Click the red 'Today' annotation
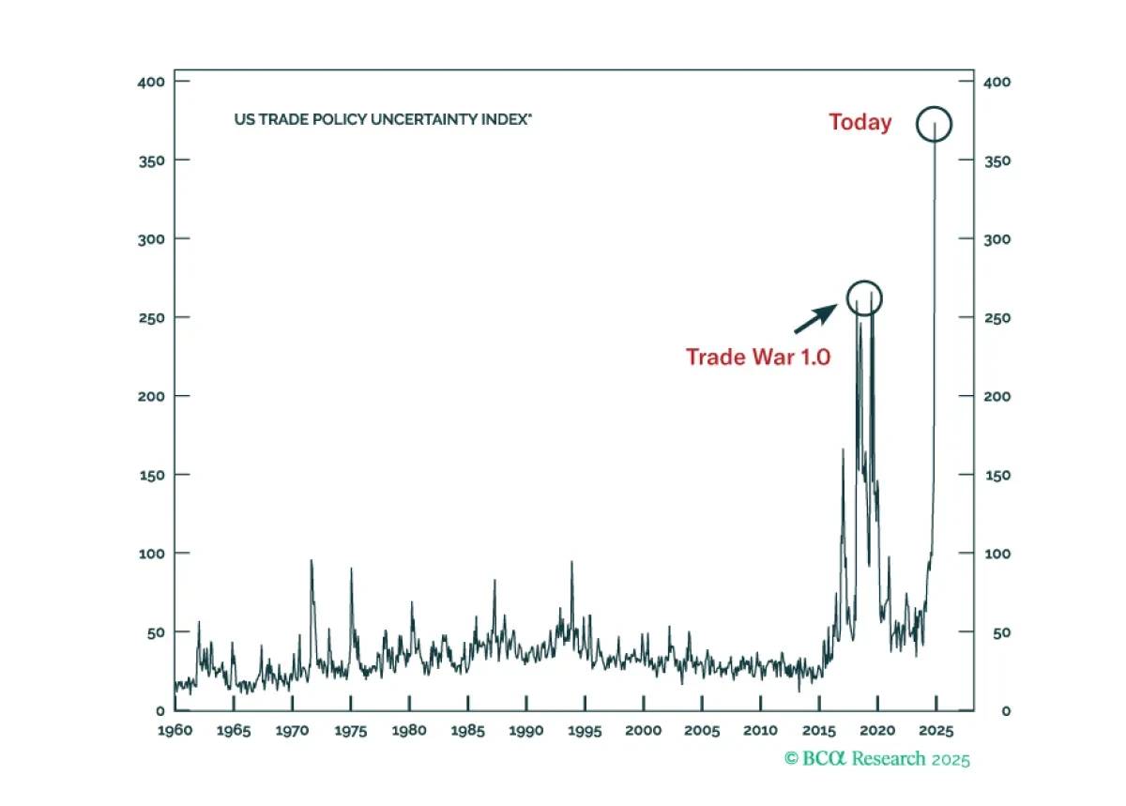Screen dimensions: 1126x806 [860, 123]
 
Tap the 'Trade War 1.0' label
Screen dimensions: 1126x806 [758, 357]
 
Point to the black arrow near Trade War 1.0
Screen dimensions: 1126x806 [815, 318]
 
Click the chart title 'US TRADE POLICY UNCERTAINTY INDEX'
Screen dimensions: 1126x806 [383, 120]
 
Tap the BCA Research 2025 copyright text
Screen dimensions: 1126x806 [877, 759]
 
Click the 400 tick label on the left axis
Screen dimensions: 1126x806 [151, 82]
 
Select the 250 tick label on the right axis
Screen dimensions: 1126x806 [997, 318]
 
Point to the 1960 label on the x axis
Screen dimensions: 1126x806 [175, 730]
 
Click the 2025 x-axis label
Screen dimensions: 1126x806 [936, 731]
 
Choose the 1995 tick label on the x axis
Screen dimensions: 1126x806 [585, 731]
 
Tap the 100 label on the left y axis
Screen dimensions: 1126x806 [152, 554]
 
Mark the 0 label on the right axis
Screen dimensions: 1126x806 [1006, 711]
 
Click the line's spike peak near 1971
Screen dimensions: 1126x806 [312, 560]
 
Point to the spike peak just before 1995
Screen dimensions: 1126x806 [571, 562]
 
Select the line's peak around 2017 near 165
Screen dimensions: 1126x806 [843, 449]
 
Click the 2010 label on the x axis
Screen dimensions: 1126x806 [760, 730]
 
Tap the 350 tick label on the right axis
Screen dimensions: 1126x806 [997, 160]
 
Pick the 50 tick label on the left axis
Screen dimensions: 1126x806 [156, 632]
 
